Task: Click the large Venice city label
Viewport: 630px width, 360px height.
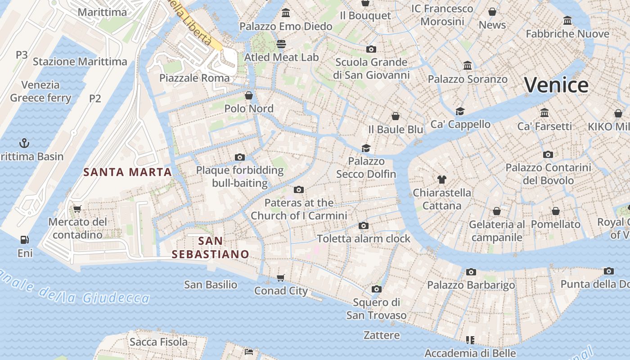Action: (x=556, y=85)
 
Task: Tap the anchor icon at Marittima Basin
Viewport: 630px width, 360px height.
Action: (x=24, y=144)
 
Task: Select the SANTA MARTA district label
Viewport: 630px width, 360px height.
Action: (x=128, y=172)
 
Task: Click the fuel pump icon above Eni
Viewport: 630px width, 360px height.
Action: (x=24, y=240)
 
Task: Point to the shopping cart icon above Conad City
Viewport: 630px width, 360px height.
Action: (x=281, y=278)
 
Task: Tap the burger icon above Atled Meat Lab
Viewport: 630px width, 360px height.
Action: (x=281, y=44)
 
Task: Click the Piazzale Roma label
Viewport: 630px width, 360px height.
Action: (x=194, y=78)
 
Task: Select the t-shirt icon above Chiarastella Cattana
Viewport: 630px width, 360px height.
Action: (x=441, y=180)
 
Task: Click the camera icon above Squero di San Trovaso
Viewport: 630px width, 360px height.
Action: (x=377, y=289)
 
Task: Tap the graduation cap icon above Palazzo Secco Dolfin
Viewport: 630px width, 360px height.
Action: (x=366, y=148)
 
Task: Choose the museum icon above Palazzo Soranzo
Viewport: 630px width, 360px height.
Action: (x=468, y=66)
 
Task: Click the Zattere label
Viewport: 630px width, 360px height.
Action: (x=382, y=335)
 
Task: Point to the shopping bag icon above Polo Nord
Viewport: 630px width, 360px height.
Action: (x=248, y=95)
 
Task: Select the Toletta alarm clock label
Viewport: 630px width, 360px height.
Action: (x=364, y=238)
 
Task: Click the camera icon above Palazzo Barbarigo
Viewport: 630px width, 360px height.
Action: (x=471, y=272)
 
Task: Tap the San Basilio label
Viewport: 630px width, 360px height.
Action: (x=211, y=284)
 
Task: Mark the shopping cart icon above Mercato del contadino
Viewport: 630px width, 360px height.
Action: (x=77, y=209)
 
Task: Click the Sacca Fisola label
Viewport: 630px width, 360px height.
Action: (x=158, y=342)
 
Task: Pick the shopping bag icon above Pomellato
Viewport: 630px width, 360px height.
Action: (x=556, y=211)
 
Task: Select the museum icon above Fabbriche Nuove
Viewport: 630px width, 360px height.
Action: (x=567, y=21)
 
